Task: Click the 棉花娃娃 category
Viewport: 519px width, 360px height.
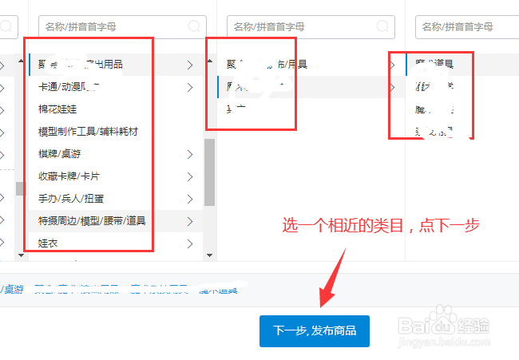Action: tap(57, 109)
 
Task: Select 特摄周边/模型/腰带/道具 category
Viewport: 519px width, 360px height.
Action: tap(92, 220)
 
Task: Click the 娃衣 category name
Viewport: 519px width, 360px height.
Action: tap(47, 243)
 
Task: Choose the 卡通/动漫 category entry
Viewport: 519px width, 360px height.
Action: tap(68, 86)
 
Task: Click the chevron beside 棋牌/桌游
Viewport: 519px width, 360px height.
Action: tap(189, 153)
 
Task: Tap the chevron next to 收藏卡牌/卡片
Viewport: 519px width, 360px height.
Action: tap(189, 176)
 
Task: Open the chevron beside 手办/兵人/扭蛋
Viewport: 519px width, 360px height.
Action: tap(189, 198)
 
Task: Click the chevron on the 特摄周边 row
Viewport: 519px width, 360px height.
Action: tap(189, 220)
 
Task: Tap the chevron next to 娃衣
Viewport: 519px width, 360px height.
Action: tap(189, 243)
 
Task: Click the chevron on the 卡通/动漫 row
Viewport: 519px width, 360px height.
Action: tap(189, 86)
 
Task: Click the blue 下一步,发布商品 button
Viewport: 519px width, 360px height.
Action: tap(315, 330)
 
